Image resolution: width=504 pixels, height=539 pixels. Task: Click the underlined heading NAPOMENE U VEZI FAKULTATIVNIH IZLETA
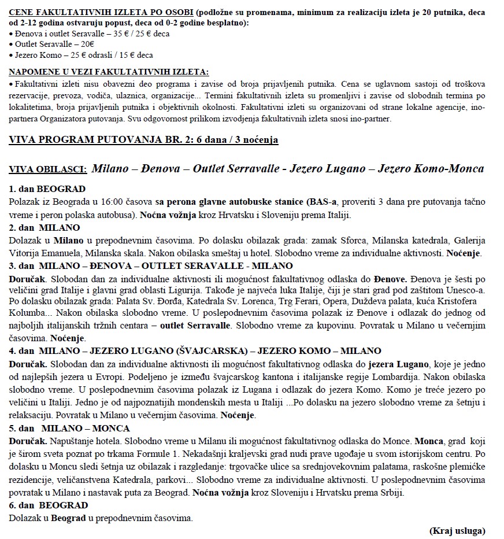coord(109,72)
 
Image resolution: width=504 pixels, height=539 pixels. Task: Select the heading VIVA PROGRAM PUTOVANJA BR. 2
coord(144,139)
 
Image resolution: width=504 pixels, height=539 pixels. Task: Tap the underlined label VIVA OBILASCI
coord(47,169)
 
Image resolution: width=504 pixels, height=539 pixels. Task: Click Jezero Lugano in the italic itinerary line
coord(329,169)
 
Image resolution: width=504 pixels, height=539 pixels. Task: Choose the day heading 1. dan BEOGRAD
coord(47,189)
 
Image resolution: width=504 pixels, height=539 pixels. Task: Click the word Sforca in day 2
coord(350,239)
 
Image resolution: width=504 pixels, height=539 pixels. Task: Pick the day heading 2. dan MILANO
coord(45,227)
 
